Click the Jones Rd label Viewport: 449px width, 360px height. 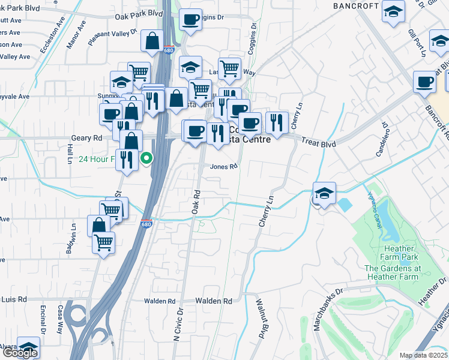[224, 167]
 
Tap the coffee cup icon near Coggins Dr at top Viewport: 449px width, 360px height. [191, 20]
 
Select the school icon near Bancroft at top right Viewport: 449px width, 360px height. [394, 11]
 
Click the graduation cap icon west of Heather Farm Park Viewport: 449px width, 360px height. [324, 193]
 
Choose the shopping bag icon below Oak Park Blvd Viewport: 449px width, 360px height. [152, 41]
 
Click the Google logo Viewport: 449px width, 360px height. [19, 353]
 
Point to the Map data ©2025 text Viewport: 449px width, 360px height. [423, 355]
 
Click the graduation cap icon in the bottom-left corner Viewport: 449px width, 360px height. [28, 348]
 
